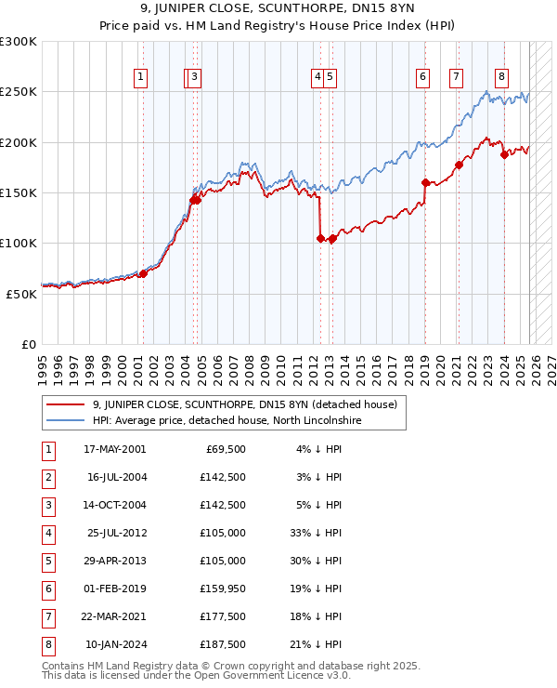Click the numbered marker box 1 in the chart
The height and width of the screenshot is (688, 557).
click(140, 77)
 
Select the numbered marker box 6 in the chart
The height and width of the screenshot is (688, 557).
click(422, 77)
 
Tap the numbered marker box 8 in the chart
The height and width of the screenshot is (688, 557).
click(501, 77)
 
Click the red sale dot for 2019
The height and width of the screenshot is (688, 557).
click(425, 182)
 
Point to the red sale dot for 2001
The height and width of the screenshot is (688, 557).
click(143, 273)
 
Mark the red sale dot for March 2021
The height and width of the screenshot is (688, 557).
click(459, 165)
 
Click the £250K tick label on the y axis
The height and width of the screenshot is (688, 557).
click(19, 92)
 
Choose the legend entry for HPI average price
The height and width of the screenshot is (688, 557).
click(226, 421)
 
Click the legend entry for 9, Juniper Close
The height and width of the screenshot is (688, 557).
click(244, 404)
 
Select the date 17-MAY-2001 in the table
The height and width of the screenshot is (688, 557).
click(114, 449)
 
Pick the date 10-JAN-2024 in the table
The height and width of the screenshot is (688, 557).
click(114, 644)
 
